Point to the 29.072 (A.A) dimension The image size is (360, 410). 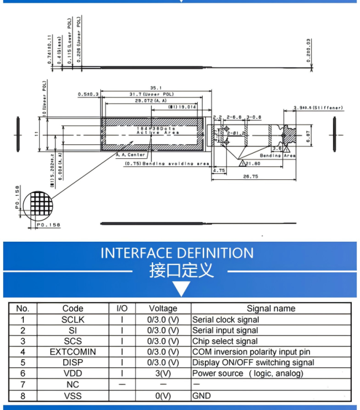(x=151, y=102)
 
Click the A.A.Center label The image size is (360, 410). (x=131, y=155)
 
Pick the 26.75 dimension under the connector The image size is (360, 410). (x=252, y=177)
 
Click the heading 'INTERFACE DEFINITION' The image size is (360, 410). (x=177, y=253)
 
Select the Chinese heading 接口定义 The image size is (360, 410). (x=181, y=271)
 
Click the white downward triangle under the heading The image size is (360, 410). (x=181, y=289)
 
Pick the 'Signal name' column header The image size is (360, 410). (x=271, y=308)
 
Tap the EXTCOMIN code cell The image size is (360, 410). (x=73, y=352)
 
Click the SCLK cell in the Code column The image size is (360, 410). (x=73, y=320)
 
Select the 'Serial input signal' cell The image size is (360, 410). (x=225, y=330)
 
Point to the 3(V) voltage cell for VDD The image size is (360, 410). (x=163, y=373)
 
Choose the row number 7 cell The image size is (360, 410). (x=23, y=385)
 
